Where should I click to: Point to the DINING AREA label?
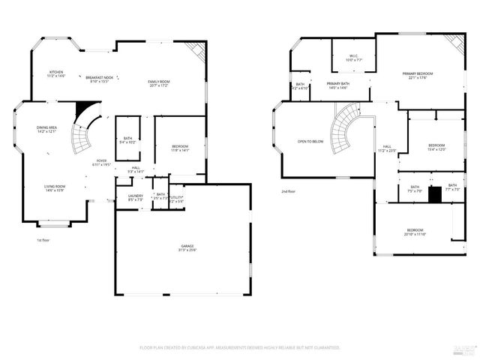pos(46,129)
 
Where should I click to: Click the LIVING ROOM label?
pos(54,188)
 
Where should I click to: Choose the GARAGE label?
pos(187,248)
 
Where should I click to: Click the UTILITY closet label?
pos(176,199)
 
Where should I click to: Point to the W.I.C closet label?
pos(354,58)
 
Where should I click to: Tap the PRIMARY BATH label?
pos(338,85)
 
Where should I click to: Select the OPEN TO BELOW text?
pos(310,141)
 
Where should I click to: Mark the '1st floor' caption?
pos(43,240)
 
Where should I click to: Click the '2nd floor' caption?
pos(289,191)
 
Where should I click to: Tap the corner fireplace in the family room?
pos(197,51)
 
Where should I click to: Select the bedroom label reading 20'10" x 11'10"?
pos(415,232)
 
